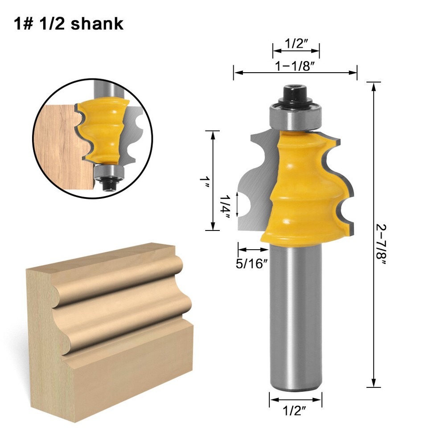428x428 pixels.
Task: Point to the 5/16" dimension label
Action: [x=251, y=263]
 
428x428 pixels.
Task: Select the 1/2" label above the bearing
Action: [x=296, y=44]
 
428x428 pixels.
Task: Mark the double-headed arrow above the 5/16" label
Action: [x=251, y=250]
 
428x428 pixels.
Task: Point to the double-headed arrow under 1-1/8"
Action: [x=295, y=73]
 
